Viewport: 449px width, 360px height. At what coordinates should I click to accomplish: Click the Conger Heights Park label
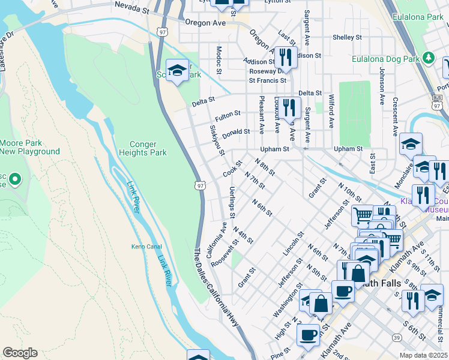tap(148, 148)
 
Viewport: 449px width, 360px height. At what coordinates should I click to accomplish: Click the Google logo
tap(20, 353)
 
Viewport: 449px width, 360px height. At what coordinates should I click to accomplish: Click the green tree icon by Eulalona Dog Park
tap(429, 58)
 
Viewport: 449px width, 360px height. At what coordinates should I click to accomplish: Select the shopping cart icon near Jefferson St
tap(362, 214)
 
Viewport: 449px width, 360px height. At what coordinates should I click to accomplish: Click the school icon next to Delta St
tap(177, 71)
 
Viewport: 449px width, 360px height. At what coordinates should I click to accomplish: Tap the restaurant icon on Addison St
tap(286, 57)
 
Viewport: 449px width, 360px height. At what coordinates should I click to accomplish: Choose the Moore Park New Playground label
tap(30, 147)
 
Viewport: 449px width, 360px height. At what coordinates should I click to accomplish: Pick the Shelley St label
tap(347, 37)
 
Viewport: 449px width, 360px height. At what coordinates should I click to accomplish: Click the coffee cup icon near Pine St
tap(309, 335)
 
